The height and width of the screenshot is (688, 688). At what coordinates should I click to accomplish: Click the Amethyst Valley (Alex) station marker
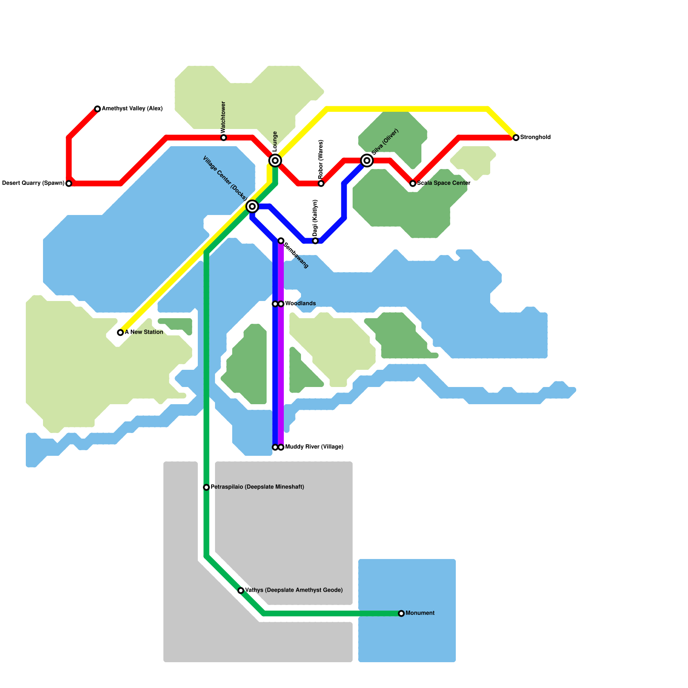[98, 109]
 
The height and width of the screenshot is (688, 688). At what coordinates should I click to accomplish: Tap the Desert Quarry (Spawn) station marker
[69, 184]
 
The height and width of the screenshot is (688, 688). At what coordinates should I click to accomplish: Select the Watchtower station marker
[224, 138]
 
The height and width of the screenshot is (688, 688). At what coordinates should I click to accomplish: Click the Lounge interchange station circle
[275, 160]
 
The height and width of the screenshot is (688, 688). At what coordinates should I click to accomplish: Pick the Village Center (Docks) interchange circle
[252, 206]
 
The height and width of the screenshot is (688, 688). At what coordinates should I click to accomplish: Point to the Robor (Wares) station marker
[321, 184]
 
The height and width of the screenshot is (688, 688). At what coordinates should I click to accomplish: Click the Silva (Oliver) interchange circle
[367, 160]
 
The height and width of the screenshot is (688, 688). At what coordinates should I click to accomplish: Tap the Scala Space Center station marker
[413, 184]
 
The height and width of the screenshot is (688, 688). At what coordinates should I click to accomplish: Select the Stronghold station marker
[516, 138]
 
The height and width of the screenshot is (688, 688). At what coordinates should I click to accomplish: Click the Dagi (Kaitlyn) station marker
[315, 241]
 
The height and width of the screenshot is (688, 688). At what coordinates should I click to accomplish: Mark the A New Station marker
[120, 332]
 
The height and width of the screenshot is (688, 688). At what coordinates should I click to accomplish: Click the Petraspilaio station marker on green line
[206, 487]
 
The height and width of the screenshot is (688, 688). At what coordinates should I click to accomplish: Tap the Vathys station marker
[241, 590]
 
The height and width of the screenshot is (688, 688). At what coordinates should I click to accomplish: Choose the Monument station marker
[401, 614]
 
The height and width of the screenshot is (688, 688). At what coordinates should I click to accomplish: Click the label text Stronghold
[535, 138]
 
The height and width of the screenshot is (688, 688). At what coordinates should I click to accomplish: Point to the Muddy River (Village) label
[314, 447]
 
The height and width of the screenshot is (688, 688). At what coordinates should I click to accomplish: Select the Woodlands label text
[300, 304]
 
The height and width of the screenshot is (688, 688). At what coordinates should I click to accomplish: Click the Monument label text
[420, 613]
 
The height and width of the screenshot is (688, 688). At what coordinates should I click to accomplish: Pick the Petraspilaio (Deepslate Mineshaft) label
[257, 487]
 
